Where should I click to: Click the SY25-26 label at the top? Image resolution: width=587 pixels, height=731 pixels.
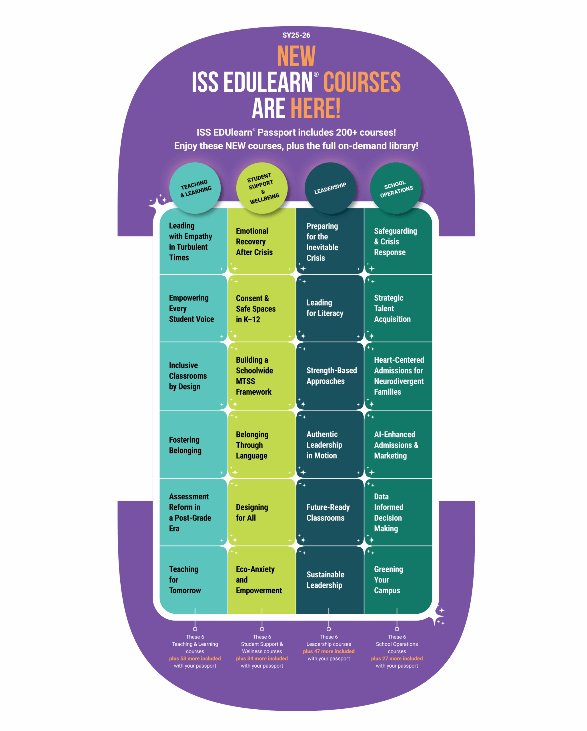tap(296, 35)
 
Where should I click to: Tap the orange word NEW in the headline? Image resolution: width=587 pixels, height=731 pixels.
tap(296, 56)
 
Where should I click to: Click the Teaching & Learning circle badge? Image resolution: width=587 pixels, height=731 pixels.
tap(195, 188)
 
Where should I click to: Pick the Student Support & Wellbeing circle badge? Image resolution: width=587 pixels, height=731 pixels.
tap(262, 188)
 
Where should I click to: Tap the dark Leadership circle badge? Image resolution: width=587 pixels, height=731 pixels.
tap(330, 188)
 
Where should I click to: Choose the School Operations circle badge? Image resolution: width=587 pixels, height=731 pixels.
tap(396, 188)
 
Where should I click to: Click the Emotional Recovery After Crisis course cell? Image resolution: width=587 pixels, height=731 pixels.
tap(261, 241)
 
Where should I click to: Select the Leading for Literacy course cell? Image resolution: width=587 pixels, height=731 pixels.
tap(330, 308)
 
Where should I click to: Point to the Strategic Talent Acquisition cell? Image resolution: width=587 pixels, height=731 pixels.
tap(398, 308)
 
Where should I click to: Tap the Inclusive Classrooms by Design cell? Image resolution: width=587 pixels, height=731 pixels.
tap(193, 376)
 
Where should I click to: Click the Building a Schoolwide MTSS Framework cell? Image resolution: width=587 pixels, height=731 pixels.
tap(261, 376)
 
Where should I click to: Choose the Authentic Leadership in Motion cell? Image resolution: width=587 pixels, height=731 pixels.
tap(330, 444)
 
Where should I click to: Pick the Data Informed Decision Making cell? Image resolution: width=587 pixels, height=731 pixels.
tap(398, 512)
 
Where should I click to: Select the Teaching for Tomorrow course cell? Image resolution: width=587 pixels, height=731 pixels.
tap(193, 580)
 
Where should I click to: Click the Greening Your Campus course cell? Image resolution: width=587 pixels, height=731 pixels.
tap(398, 580)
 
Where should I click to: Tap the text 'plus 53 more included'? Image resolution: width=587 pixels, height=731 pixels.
tap(195, 658)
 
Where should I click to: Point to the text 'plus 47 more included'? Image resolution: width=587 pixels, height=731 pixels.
tap(329, 651)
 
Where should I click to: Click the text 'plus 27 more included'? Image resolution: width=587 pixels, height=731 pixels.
tap(397, 658)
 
